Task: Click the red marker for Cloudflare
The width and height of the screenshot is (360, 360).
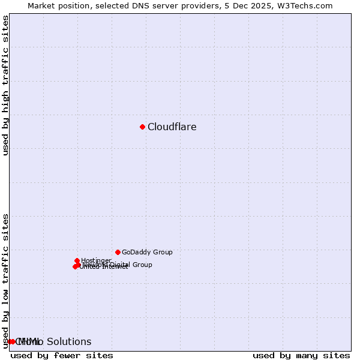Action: pos(142,127)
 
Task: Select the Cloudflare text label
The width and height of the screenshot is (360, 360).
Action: pos(172,127)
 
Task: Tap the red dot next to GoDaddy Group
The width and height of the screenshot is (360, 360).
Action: pos(118,252)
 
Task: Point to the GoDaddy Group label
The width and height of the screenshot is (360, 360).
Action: pos(147,253)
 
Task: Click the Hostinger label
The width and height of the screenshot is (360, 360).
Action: pos(96,260)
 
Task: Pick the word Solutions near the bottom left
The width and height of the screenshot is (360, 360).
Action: pos(69,342)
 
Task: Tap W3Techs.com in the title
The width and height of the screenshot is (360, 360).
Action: pos(308,6)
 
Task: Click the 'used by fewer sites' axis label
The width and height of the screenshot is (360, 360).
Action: pos(62,355)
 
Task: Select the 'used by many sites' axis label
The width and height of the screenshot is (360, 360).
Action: pos(301,355)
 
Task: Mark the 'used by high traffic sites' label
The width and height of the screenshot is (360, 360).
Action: pos(6,85)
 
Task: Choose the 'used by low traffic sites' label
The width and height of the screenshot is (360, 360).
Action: pos(6,280)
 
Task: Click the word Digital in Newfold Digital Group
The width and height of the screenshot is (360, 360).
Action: pos(121,265)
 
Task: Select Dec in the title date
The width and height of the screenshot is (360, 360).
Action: pos(246,6)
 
